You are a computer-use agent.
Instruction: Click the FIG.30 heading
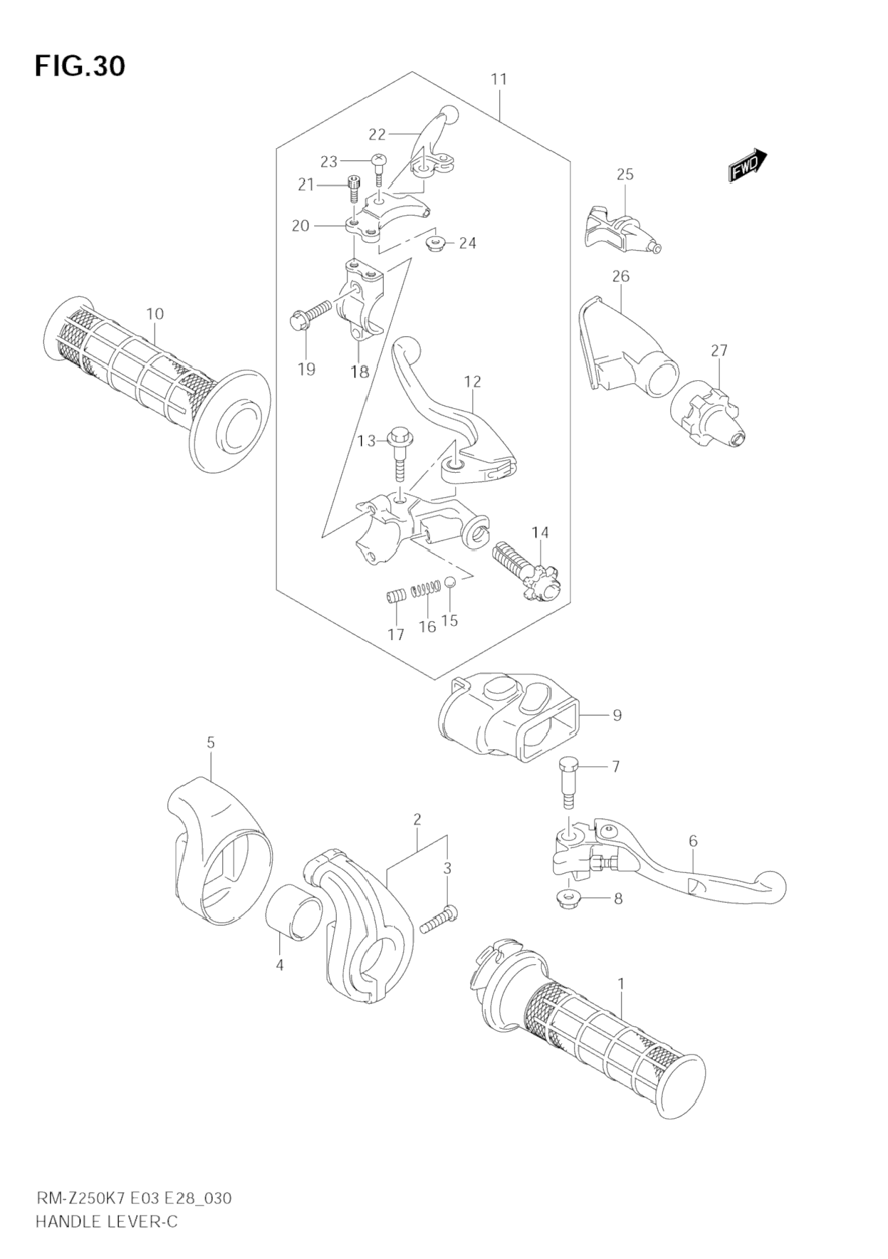point(79,66)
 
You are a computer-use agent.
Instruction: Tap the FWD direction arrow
point(747,165)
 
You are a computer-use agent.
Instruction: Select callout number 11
point(498,79)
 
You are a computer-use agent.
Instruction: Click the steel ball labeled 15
point(450,583)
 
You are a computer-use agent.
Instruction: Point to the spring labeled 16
point(424,590)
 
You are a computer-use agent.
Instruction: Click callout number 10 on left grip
point(155,313)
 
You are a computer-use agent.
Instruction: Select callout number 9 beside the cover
point(617,715)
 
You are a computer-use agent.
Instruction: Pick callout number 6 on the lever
point(693,841)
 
